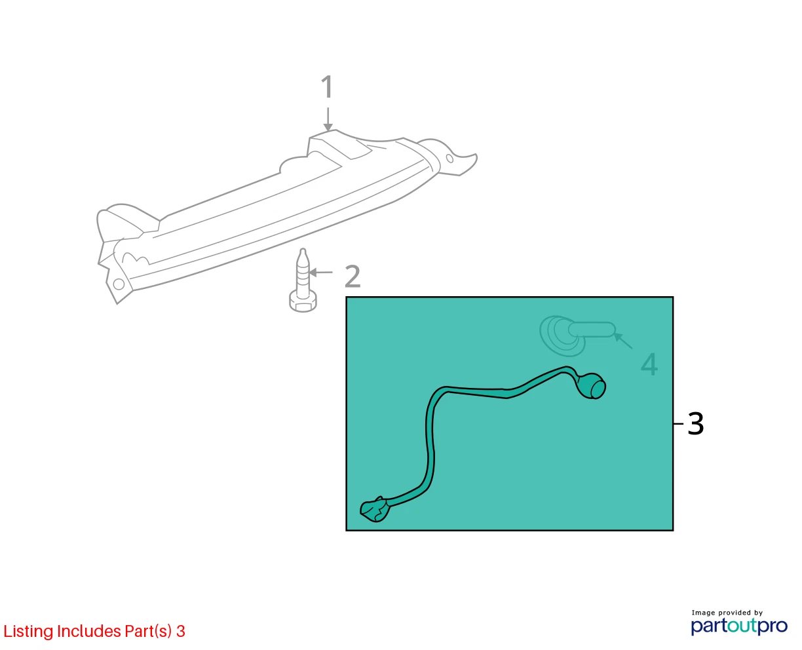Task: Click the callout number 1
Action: point(327,86)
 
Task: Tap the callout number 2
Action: point(353,277)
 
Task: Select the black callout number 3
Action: point(695,424)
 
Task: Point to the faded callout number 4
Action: point(649,364)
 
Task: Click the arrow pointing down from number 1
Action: point(328,119)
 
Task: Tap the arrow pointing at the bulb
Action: point(622,341)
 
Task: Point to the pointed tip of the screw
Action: point(303,250)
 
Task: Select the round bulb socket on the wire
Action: point(592,385)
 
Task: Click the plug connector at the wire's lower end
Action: point(374,510)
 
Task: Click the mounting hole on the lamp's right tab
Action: point(449,159)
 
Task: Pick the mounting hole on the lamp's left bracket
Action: point(119,284)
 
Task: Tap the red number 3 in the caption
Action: point(181,631)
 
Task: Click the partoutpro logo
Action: point(739,626)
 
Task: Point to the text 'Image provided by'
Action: point(727,613)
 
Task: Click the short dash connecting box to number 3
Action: point(679,424)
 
